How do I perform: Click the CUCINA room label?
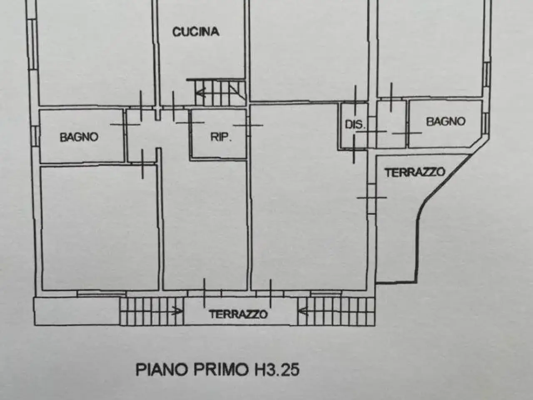196,32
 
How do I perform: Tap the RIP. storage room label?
221,137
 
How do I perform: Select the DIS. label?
355,125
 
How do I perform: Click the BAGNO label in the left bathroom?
79,137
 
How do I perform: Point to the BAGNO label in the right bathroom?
446,121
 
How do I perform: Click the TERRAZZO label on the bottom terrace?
239,314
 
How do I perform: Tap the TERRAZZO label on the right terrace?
415,172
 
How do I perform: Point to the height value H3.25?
277,370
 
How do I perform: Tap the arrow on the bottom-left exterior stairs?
177,311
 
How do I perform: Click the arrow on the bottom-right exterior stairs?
304,311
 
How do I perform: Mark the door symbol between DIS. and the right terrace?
354,149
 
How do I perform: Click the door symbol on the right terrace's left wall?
372,197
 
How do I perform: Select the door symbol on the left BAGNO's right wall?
125,125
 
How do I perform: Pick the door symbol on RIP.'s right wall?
248,125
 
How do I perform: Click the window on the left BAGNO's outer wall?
36,136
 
